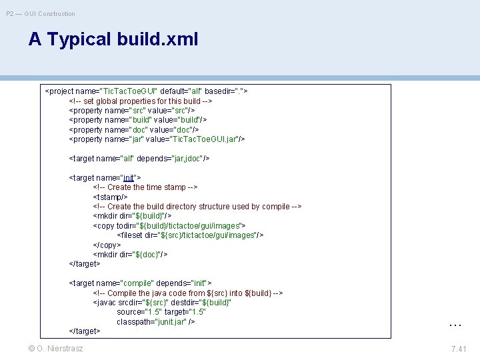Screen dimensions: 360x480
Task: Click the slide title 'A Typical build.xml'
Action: pyautogui.click(x=113, y=39)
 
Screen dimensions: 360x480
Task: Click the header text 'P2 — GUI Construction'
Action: pyautogui.click(x=41, y=13)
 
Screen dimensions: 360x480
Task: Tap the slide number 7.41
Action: pyautogui.click(x=459, y=349)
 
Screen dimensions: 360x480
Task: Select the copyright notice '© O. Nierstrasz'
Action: pyautogui.click(x=56, y=349)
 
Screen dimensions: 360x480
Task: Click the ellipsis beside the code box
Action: pyautogui.click(x=455, y=325)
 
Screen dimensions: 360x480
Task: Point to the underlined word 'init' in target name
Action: pyautogui.click(x=129, y=178)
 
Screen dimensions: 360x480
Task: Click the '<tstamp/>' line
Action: pyautogui.click(x=111, y=197)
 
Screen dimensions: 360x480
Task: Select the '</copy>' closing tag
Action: pyautogui.click(x=107, y=245)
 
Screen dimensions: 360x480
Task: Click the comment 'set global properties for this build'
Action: pyautogui.click(x=141, y=101)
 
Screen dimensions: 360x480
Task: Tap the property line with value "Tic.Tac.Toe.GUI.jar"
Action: pyautogui.click(x=157, y=139)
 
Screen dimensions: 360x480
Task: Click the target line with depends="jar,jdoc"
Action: pyautogui.click(x=139, y=159)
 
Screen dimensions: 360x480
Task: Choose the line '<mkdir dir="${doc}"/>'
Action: pyautogui.click(x=130, y=255)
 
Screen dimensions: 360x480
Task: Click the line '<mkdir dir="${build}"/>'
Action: pyautogui.click(x=132, y=216)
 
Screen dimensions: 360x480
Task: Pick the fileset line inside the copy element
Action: pyautogui.click(x=191, y=235)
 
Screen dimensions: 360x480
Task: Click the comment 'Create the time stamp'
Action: pyautogui.click(x=145, y=187)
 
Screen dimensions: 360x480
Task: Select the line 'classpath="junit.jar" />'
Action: pyautogui.click(x=156, y=322)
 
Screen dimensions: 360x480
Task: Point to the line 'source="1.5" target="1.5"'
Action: pyautogui.click(x=161, y=312)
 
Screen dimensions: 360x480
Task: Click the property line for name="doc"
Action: pyautogui.click(x=134, y=129)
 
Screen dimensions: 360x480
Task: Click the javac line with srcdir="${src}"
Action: pyautogui.click(x=162, y=303)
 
